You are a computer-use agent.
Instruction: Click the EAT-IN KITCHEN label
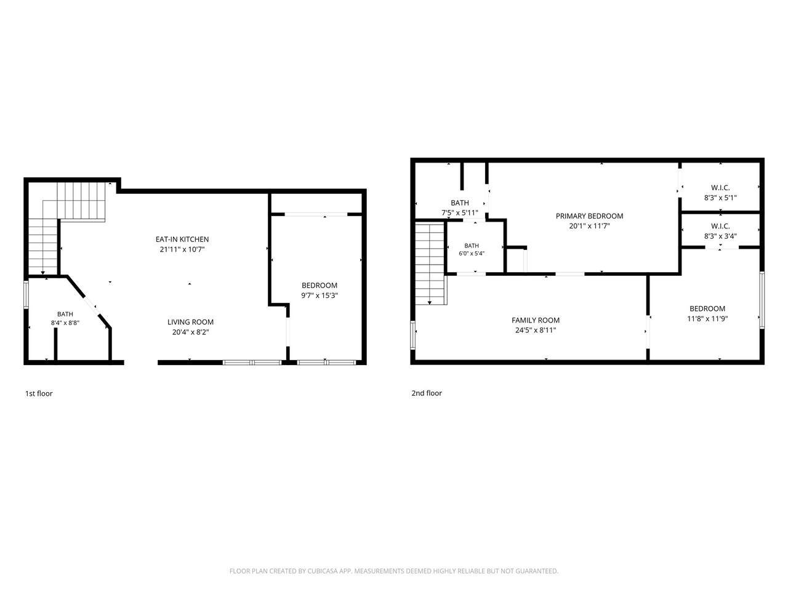(x=182, y=239)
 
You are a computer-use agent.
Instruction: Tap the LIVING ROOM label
(x=190, y=322)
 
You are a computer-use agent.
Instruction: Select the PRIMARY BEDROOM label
(x=589, y=216)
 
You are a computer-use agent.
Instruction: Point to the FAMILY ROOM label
(x=535, y=320)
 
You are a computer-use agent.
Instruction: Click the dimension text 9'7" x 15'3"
(x=320, y=295)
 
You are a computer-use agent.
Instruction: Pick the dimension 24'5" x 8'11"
(x=535, y=330)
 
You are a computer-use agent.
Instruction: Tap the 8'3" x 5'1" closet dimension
(x=720, y=198)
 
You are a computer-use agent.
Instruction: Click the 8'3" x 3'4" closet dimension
(x=720, y=236)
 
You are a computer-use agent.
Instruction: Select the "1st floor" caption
(x=39, y=393)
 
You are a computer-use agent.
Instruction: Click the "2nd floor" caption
(x=427, y=393)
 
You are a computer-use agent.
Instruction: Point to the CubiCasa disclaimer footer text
(x=394, y=571)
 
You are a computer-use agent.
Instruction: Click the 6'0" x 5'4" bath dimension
(x=472, y=254)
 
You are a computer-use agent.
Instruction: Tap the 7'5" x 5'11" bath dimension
(x=459, y=213)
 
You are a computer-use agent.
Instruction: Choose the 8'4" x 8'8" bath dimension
(x=65, y=323)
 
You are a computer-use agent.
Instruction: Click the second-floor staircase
(x=431, y=263)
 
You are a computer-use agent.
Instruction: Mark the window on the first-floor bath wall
(x=26, y=295)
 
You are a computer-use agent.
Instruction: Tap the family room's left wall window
(x=413, y=335)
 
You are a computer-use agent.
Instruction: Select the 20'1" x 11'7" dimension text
(x=589, y=226)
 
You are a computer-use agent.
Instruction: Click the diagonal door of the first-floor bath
(x=92, y=306)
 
